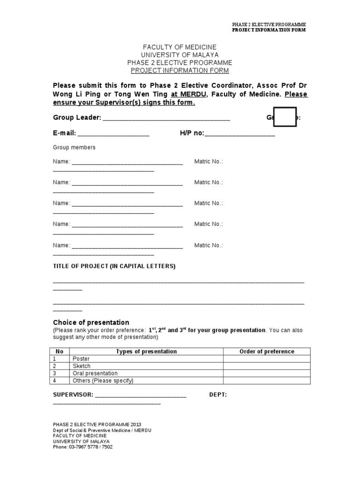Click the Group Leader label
(77, 118)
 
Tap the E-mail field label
(64, 133)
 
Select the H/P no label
(192, 133)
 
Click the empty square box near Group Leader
(285, 117)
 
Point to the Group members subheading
(74, 147)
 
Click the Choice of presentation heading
(91, 322)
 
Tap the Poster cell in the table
(81, 359)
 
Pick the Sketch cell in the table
(82, 366)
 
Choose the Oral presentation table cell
(95, 373)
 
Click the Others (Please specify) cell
(103, 381)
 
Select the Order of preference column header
(267, 352)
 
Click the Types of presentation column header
(146, 352)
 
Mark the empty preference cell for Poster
(267, 359)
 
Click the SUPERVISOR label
(73, 395)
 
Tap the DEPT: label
(218, 395)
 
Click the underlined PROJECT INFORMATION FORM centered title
(180, 71)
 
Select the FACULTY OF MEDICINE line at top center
(180, 47)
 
